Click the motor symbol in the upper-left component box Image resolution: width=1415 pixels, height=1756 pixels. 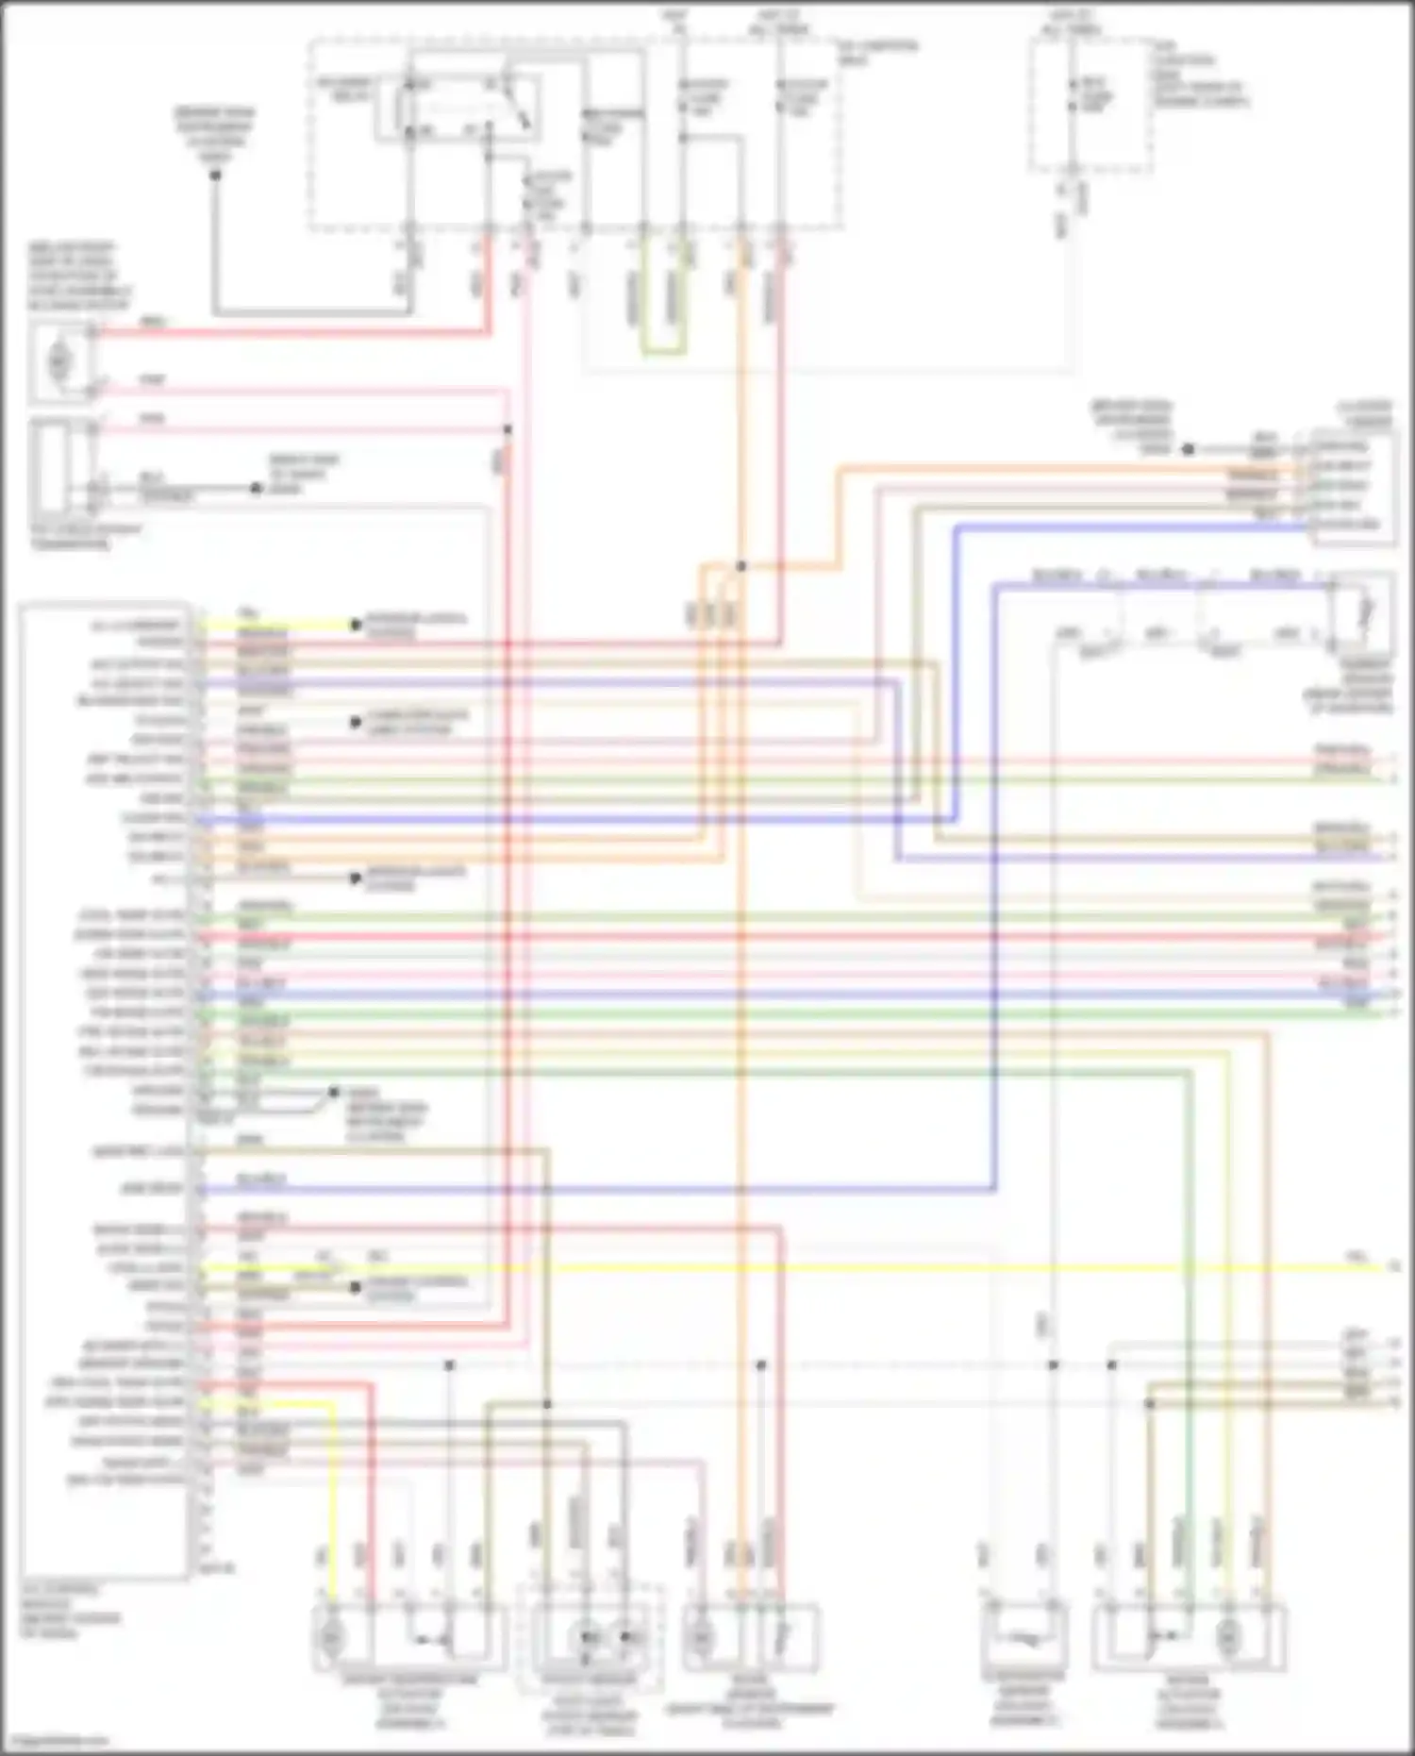pos(59,360)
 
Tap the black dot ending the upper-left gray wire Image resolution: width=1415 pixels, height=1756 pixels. pos(215,176)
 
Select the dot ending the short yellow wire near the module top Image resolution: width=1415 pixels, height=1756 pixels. pos(356,625)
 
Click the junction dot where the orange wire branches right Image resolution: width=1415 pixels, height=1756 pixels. pos(741,566)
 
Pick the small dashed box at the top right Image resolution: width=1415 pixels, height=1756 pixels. pos(1090,106)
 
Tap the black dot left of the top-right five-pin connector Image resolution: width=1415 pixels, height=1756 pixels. pos(1189,449)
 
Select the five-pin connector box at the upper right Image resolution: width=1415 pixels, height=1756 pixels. pos(1351,486)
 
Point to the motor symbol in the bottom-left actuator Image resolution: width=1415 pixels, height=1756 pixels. pos(331,1637)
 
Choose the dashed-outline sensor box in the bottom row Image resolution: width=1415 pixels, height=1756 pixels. pos(590,1637)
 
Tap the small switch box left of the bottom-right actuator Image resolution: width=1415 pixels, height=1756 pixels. pos(1024,1637)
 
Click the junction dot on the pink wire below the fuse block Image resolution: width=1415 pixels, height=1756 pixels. pos(508,430)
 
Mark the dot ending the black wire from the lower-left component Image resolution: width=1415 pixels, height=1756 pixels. pos(256,488)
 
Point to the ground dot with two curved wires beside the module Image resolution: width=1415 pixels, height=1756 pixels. pos(332,1093)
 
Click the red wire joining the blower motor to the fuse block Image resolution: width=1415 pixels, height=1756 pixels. pos(283,331)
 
